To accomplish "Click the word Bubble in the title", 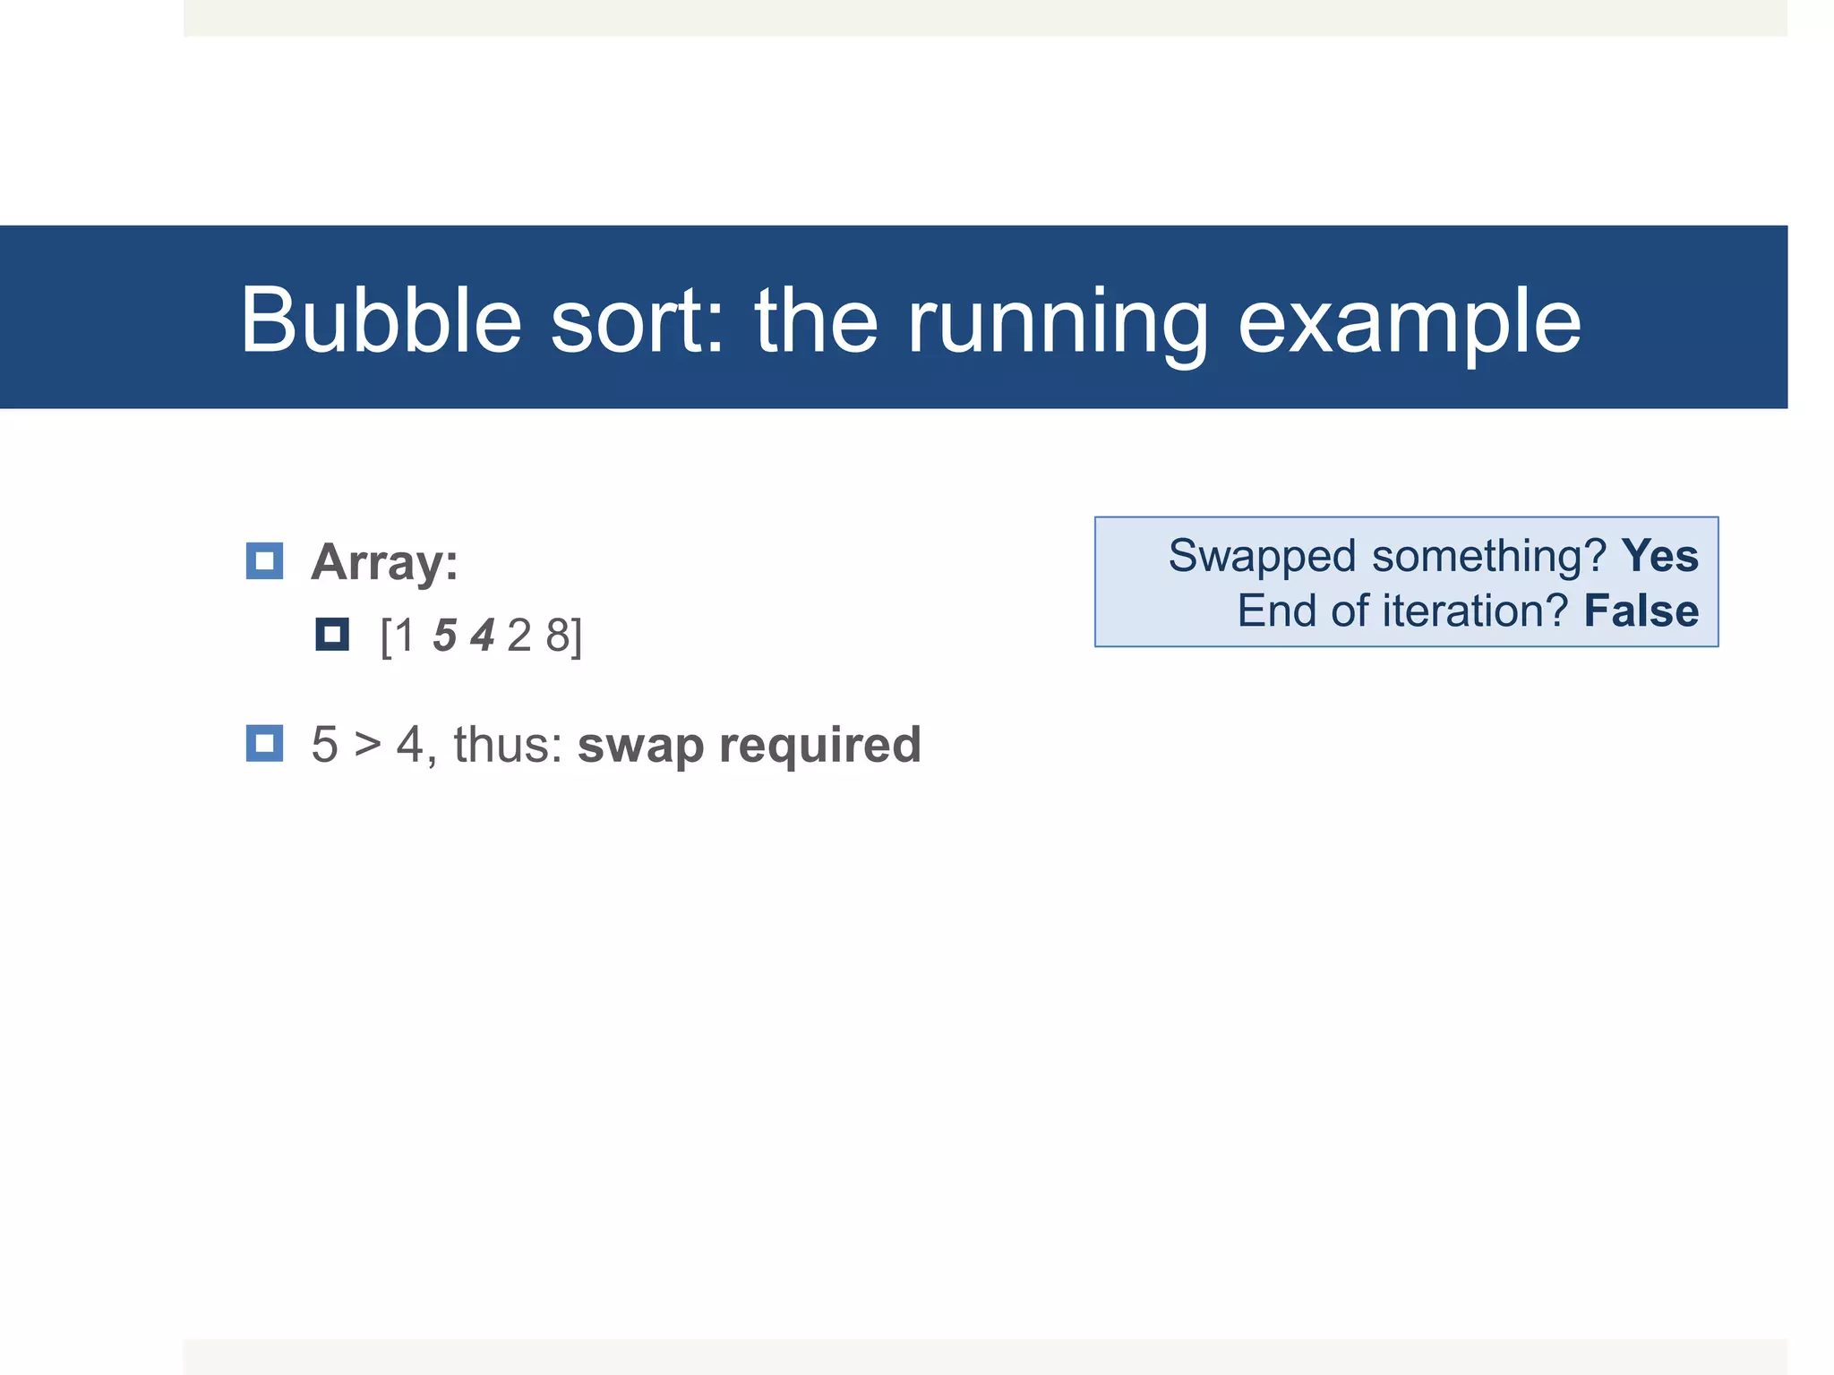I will pos(381,320).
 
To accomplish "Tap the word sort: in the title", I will pos(637,320).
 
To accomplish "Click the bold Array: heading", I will pos(384,562).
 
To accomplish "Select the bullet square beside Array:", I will pos(264,561).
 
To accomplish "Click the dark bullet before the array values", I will pos(332,635).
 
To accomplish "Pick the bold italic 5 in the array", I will pos(445,636).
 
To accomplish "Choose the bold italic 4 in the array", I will pos(483,636).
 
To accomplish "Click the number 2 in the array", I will pos(519,636).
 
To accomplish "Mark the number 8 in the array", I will pos(558,636).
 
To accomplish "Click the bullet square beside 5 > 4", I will pos(264,743).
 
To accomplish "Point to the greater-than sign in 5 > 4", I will pos(367,745).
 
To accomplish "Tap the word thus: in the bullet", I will pos(508,745).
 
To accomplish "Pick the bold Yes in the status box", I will pos(1659,556).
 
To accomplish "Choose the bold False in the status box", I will pos(1641,611).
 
